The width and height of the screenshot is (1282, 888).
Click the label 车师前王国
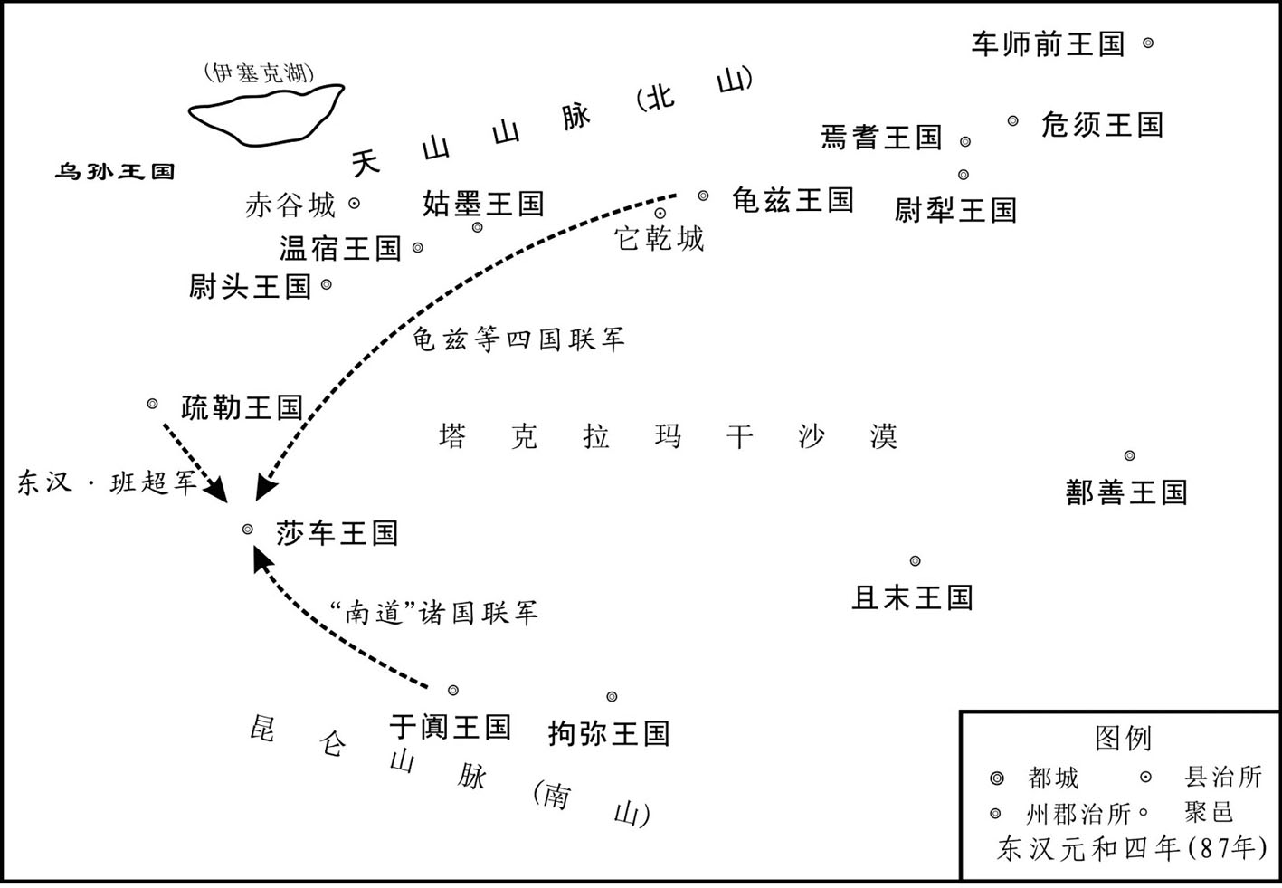[1048, 44]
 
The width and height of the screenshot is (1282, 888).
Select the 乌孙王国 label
[115, 171]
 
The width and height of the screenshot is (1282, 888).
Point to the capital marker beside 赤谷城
[355, 204]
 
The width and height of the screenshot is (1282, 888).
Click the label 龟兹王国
[793, 200]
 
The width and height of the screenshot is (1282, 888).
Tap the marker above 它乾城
[660, 213]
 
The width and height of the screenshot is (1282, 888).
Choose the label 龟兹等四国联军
[518, 339]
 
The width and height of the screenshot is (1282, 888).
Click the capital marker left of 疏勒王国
[152, 404]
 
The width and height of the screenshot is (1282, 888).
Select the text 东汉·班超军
[107, 482]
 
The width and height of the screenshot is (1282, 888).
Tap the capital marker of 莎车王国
[247, 530]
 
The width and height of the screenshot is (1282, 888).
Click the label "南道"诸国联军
[435, 613]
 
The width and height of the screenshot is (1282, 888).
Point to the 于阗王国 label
[450, 727]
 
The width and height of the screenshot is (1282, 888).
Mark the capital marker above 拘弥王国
[612, 697]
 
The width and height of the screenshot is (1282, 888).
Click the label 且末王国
[912, 597]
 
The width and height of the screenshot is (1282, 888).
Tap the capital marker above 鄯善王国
[1129, 455]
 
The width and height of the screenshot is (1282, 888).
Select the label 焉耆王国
[881, 138]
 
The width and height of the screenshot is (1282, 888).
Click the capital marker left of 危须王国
[1012, 120]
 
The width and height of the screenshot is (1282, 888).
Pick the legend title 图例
[1123, 738]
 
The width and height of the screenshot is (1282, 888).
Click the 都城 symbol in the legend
[996, 778]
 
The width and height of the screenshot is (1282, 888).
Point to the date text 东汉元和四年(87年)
[1132, 848]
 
